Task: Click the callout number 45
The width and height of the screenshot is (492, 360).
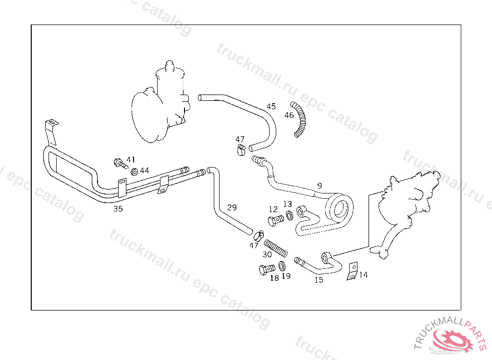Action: click(271, 106)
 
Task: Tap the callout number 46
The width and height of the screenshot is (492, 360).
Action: click(289, 115)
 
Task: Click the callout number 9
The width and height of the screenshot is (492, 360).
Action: click(320, 185)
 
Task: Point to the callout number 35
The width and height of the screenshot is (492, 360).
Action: click(118, 209)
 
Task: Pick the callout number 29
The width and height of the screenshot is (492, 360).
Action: click(232, 207)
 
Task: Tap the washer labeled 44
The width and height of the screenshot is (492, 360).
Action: click(135, 171)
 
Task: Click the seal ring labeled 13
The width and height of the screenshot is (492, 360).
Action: click(289, 216)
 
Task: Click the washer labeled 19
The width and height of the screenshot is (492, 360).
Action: click(282, 266)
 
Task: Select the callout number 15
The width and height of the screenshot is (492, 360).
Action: click(319, 280)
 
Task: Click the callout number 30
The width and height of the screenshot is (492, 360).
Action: click(267, 254)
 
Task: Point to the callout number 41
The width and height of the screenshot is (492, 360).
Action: click(131, 159)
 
